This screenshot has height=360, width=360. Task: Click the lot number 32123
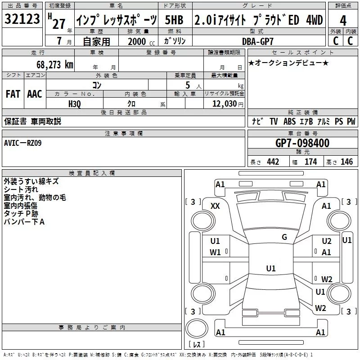click(x=22, y=19)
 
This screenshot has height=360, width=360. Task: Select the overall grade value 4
click(x=343, y=21)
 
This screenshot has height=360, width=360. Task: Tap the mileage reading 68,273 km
click(x=55, y=65)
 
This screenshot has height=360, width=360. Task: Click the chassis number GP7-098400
click(x=302, y=143)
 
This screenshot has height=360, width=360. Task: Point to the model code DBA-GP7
click(x=258, y=41)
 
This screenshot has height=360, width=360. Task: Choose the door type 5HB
click(x=174, y=20)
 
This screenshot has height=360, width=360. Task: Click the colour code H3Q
click(x=75, y=104)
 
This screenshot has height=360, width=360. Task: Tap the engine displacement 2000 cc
click(x=141, y=41)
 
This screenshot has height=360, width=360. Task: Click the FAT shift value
click(x=13, y=94)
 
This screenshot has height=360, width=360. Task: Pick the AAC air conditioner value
click(x=35, y=94)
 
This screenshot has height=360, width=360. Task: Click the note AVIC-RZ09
click(x=23, y=143)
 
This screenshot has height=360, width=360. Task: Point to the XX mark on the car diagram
click(x=215, y=206)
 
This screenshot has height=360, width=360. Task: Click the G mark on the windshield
click(x=284, y=237)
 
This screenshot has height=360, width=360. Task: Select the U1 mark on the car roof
click(x=271, y=268)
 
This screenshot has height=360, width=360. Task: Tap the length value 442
click(x=273, y=162)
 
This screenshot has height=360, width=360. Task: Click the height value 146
click(x=346, y=162)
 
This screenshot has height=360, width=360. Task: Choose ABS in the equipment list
click(x=289, y=121)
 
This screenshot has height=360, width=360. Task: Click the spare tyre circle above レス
click(x=197, y=328)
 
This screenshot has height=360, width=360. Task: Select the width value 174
click(x=310, y=162)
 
